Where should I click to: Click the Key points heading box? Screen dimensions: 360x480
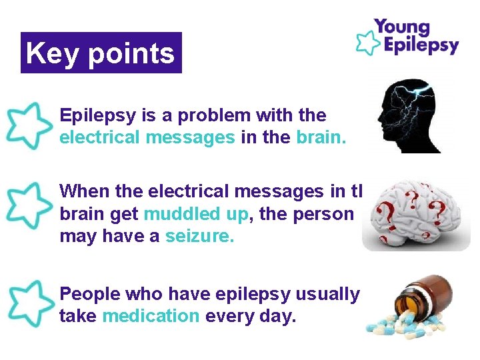[x=101, y=53]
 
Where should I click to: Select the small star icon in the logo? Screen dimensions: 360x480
[x=366, y=41]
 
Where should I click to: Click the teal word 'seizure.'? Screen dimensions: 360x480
[x=200, y=237]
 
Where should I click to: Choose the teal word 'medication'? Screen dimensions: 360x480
[x=151, y=317]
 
